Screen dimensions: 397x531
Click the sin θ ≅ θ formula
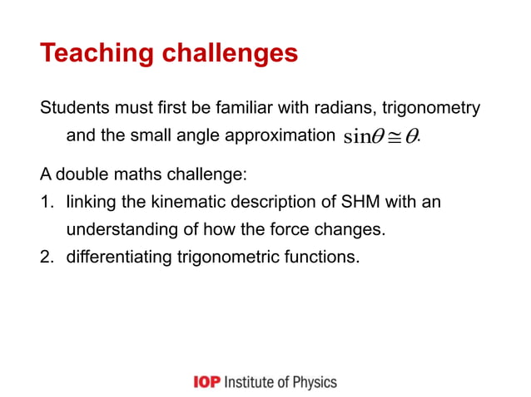click(x=382, y=137)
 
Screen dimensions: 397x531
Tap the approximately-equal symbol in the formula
click(x=394, y=137)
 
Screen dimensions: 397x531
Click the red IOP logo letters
click(x=206, y=382)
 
